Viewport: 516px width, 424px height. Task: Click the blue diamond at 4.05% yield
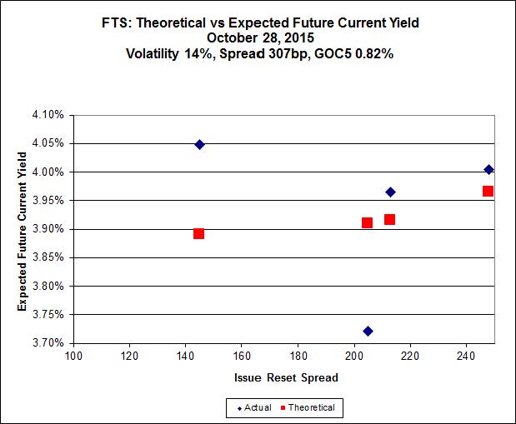click(x=199, y=144)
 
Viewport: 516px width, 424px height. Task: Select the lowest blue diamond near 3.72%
click(x=368, y=331)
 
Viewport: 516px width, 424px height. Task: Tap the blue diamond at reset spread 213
click(x=390, y=192)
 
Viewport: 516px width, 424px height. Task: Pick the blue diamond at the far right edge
click(x=488, y=169)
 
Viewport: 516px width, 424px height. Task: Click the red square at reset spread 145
click(x=198, y=233)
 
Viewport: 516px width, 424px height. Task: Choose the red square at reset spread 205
click(x=367, y=222)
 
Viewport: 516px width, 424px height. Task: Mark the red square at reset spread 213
click(x=389, y=219)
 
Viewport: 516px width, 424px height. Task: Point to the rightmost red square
click(x=488, y=191)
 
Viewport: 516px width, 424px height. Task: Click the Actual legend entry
click(x=253, y=407)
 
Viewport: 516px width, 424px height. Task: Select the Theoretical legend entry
click(x=308, y=407)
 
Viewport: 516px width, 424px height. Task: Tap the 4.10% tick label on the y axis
click(x=49, y=115)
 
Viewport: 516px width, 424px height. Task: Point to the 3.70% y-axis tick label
click(x=49, y=342)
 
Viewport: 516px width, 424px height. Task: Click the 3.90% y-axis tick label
click(x=49, y=229)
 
